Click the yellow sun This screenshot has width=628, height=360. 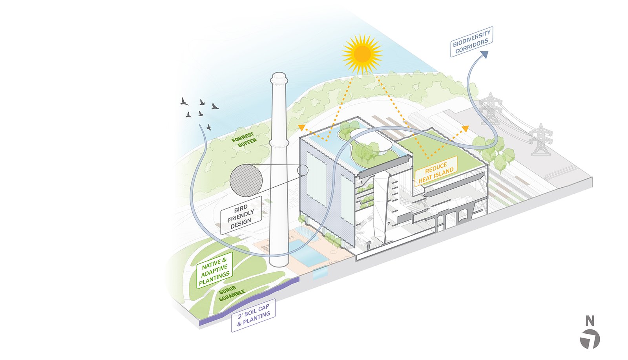tap(362, 54)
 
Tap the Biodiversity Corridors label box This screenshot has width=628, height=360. tap(471, 42)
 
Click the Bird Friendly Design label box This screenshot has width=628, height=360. tap(241, 216)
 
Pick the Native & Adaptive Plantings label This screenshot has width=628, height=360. tap(214, 270)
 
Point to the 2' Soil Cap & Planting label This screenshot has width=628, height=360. tap(254, 315)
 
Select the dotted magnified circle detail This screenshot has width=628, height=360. tap(246, 180)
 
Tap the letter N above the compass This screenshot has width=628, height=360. tap(590, 321)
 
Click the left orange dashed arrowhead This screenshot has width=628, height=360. tap(301, 127)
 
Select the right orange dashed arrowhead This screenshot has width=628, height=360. tap(466, 128)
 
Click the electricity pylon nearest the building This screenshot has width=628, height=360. tap(491, 108)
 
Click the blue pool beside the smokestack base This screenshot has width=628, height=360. tap(310, 257)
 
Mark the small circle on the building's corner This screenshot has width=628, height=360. tap(303, 170)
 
